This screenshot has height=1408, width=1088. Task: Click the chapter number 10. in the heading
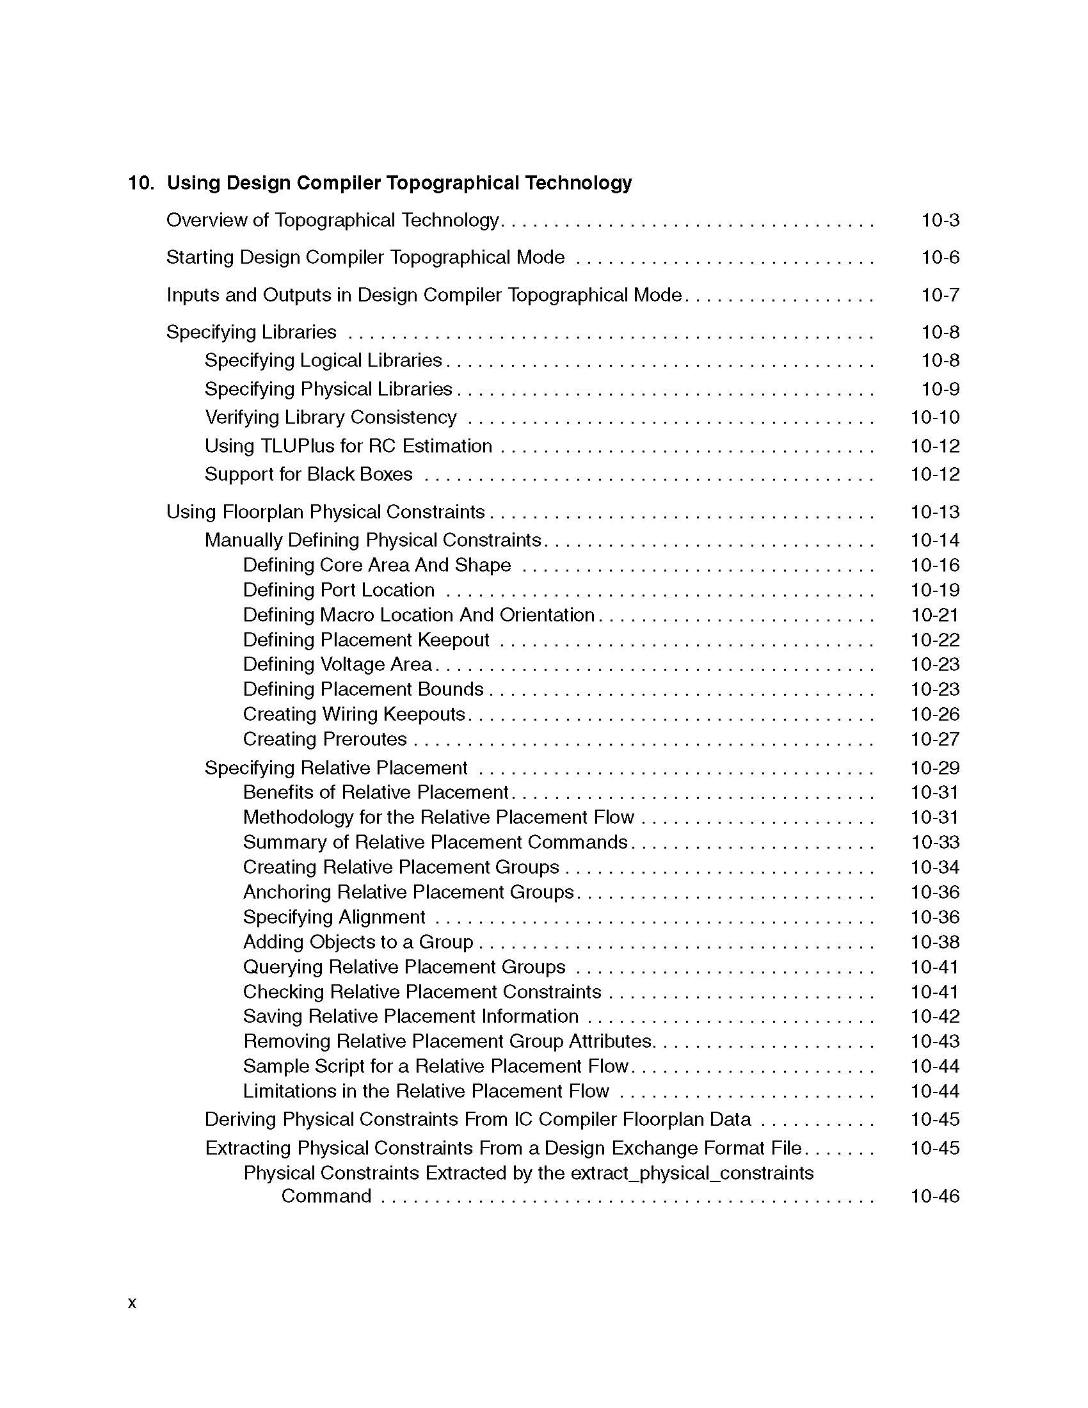coord(141,183)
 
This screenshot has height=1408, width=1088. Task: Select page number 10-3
coord(940,221)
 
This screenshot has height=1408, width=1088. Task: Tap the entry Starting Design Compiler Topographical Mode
coord(365,257)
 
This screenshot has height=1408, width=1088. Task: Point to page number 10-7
coord(940,295)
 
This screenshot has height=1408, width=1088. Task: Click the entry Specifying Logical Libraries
coord(323,360)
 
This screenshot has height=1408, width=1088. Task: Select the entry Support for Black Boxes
coord(308,474)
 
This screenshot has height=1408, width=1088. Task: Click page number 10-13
coord(934,512)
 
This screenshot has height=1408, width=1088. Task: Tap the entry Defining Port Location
coord(339,590)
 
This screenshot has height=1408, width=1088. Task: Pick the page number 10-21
coord(934,615)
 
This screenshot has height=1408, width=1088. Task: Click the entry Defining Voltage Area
coord(337,665)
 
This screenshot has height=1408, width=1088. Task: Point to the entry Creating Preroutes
coord(325,739)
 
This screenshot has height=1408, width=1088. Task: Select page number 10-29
coord(934,768)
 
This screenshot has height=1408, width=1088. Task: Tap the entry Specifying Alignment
coord(334,917)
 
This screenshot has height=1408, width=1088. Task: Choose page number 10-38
coord(934,943)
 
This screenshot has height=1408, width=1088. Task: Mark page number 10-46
coord(934,1197)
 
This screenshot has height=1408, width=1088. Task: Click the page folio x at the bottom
coord(132,1303)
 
